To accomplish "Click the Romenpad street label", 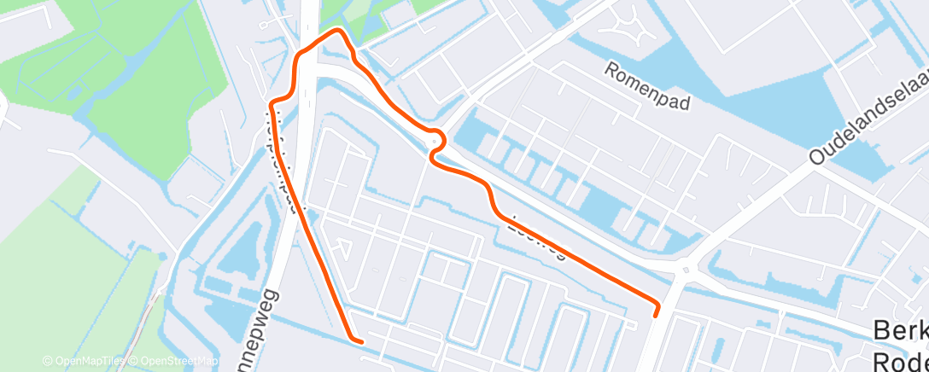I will pyautogui.click(x=647, y=86).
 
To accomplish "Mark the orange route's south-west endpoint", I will pyautogui.click(x=360, y=341).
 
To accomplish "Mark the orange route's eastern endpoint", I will pyautogui.click(x=656, y=313).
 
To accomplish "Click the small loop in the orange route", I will pyautogui.click(x=436, y=144).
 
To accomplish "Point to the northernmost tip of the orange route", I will pyautogui.click(x=338, y=32).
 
